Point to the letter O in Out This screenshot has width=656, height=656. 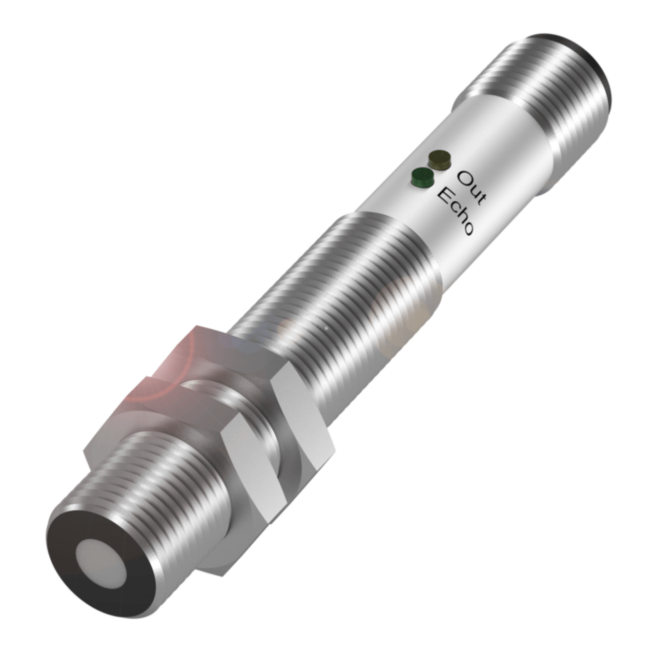tap(465, 177)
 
